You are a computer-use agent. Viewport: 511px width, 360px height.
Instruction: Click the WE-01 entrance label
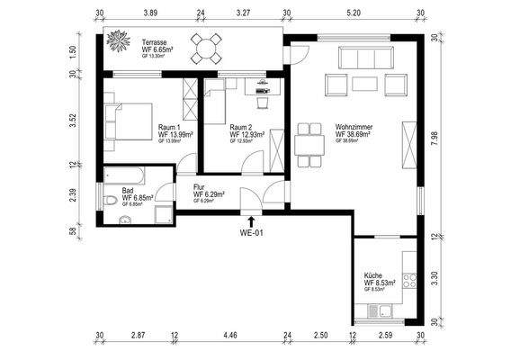(251, 233)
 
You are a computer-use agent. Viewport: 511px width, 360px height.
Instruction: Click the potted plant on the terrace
(118, 43)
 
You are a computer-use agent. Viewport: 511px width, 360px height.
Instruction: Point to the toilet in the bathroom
(109, 200)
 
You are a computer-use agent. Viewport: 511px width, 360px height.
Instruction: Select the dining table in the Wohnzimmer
(308, 144)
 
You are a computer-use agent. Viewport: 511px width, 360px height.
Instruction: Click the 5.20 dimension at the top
(354, 13)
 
